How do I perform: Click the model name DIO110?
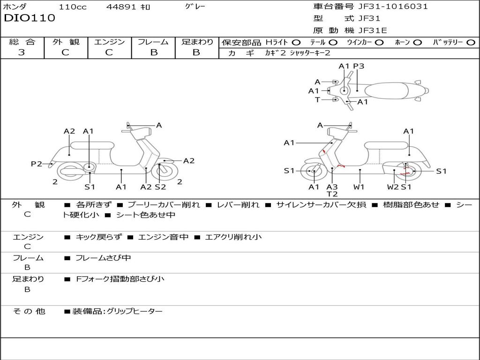pos(30,18)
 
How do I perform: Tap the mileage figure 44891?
pos(121,7)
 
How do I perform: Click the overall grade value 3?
pos(22,52)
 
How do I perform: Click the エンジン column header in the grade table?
pos(109,42)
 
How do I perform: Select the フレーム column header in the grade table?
pos(153,42)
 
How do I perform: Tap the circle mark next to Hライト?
pos(296,43)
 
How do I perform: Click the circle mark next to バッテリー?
pos(471,43)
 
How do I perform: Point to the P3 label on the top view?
pos(359,66)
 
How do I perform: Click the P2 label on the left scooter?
pos(37,164)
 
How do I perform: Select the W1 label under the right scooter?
pos(359,187)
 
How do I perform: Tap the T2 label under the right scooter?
pos(332,194)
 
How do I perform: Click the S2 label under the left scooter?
pos(160,187)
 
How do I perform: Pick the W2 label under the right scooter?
pos(393,187)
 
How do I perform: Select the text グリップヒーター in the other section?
pos(135,311)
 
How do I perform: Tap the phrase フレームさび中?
pos(103,258)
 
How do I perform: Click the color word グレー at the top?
pos(195,7)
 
